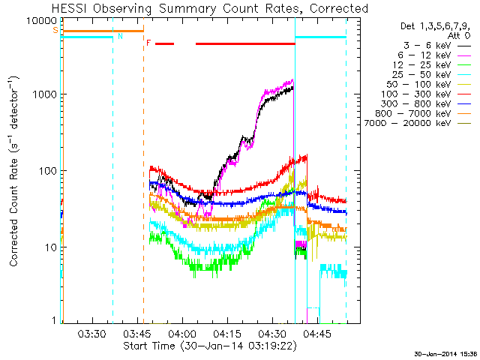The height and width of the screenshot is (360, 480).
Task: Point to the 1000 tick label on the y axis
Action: point(42,95)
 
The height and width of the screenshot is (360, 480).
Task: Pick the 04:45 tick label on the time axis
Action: point(316,333)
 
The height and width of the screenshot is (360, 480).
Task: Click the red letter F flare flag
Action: point(148,43)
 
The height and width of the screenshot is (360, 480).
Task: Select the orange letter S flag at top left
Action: point(55,30)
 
